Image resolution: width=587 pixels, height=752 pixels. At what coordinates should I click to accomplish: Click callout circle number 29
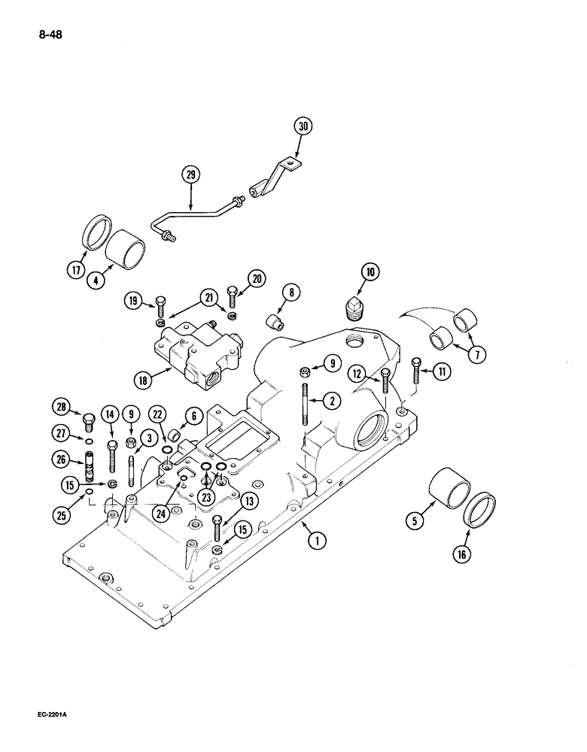point(191,175)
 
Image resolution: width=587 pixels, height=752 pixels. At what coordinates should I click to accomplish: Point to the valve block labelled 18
point(197,353)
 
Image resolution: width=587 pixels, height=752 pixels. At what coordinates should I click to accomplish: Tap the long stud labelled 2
point(306,405)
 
